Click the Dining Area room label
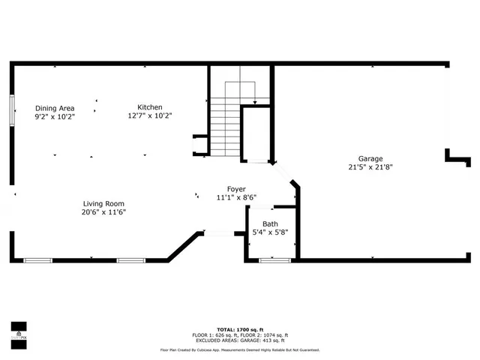pos(55,108)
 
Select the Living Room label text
pos(103,203)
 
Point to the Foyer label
pos(236,189)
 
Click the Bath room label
pos(270,224)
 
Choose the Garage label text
pos(370,158)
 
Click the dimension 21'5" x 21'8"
pos(370,167)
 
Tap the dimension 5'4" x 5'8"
pos(270,233)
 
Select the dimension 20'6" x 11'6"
pos(103,212)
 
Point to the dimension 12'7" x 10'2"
pos(149,116)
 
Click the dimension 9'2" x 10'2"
pos(55,117)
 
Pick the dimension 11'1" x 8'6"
pos(236,198)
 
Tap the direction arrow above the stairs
pos(256,101)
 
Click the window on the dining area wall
pos(12,111)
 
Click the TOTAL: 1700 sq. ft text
pos(240,328)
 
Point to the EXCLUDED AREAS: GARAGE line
pos(240,340)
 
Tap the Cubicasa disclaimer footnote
pos(240,349)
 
